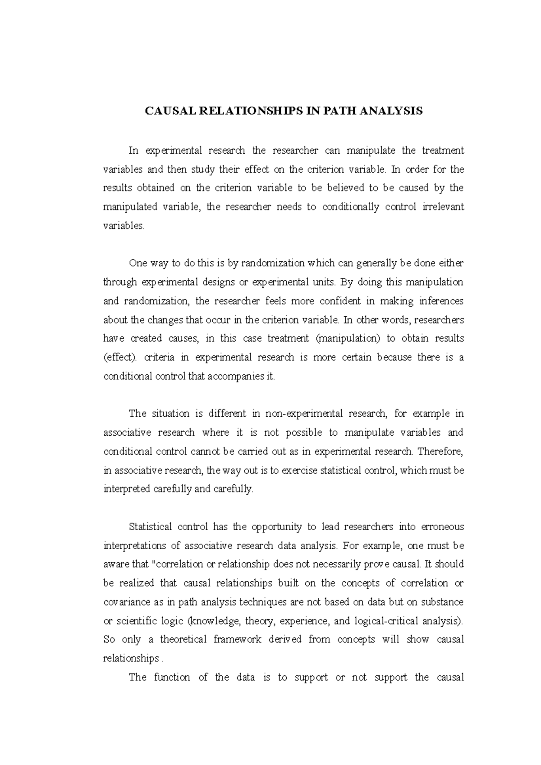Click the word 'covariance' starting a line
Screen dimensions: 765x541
pyautogui.click(x=125, y=602)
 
